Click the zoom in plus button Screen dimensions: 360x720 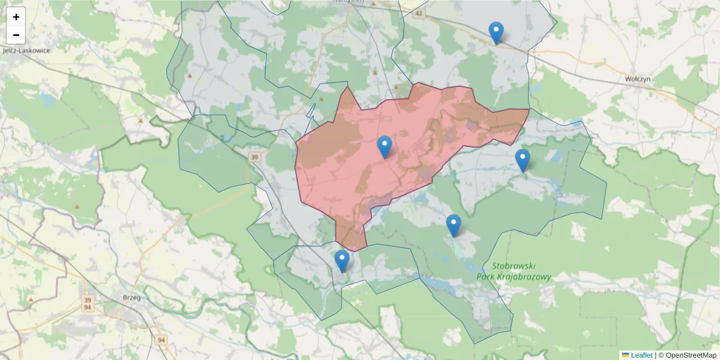[16, 17]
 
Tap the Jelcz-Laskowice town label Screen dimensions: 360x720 [26, 50]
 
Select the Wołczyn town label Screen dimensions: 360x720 [638, 79]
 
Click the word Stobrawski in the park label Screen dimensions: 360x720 [513, 266]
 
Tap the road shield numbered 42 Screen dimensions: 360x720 [418, 13]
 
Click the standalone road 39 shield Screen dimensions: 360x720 [254, 157]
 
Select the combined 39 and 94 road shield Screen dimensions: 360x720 [88, 304]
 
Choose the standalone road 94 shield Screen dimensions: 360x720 [161, 340]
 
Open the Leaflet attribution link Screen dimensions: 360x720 [641, 355]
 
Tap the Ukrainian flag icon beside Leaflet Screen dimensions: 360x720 [625, 355]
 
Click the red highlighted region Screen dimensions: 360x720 [420, 138]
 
